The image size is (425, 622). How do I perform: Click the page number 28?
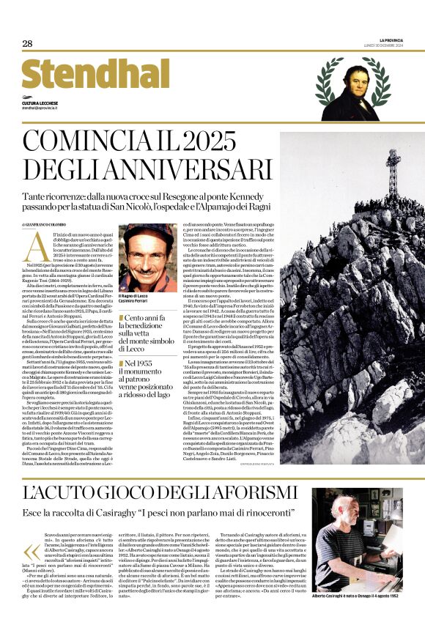coord(27,44)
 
